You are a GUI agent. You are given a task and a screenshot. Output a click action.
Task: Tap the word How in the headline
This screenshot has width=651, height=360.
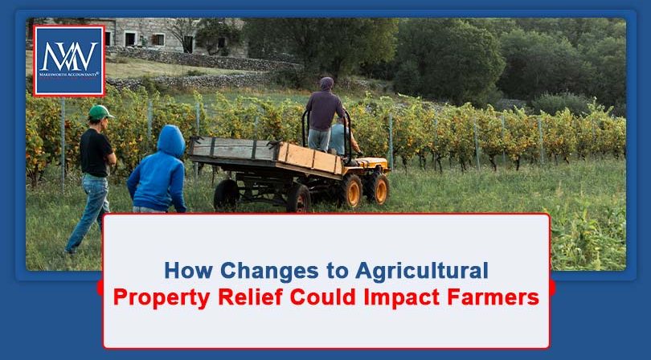[190, 269]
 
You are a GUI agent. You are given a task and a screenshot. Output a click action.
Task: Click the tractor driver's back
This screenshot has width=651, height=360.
[326, 110]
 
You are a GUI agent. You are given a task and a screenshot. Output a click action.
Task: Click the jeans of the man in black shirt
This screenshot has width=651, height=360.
[90, 206]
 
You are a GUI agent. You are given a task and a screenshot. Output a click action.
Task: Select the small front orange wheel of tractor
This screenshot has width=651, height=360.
[377, 189]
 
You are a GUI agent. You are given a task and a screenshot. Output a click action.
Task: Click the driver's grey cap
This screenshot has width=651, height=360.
[326, 83]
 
